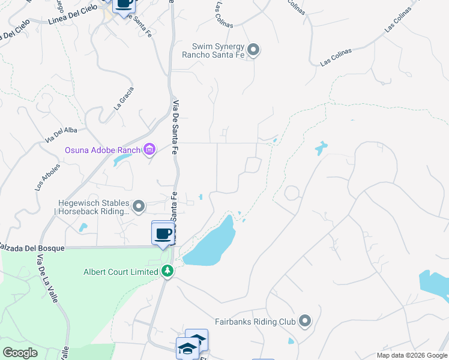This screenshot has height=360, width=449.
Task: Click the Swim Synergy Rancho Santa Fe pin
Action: click(x=253, y=50)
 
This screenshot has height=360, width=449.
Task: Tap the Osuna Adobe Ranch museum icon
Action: click(x=149, y=149)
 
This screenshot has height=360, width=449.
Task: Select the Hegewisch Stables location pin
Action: click(x=139, y=207)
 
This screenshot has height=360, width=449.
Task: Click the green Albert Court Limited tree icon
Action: click(x=167, y=272)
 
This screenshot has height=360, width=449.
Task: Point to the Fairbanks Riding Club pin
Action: click(x=305, y=322)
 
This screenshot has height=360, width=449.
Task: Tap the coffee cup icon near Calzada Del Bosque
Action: click(x=163, y=233)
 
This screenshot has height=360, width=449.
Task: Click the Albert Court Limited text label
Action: click(x=121, y=272)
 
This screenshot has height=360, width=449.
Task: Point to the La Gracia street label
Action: click(x=124, y=98)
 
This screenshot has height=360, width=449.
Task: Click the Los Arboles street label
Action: click(x=48, y=178)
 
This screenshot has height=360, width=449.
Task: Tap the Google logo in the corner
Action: click(x=20, y=352)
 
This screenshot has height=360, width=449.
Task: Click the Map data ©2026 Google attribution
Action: click(x=412, y=355)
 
